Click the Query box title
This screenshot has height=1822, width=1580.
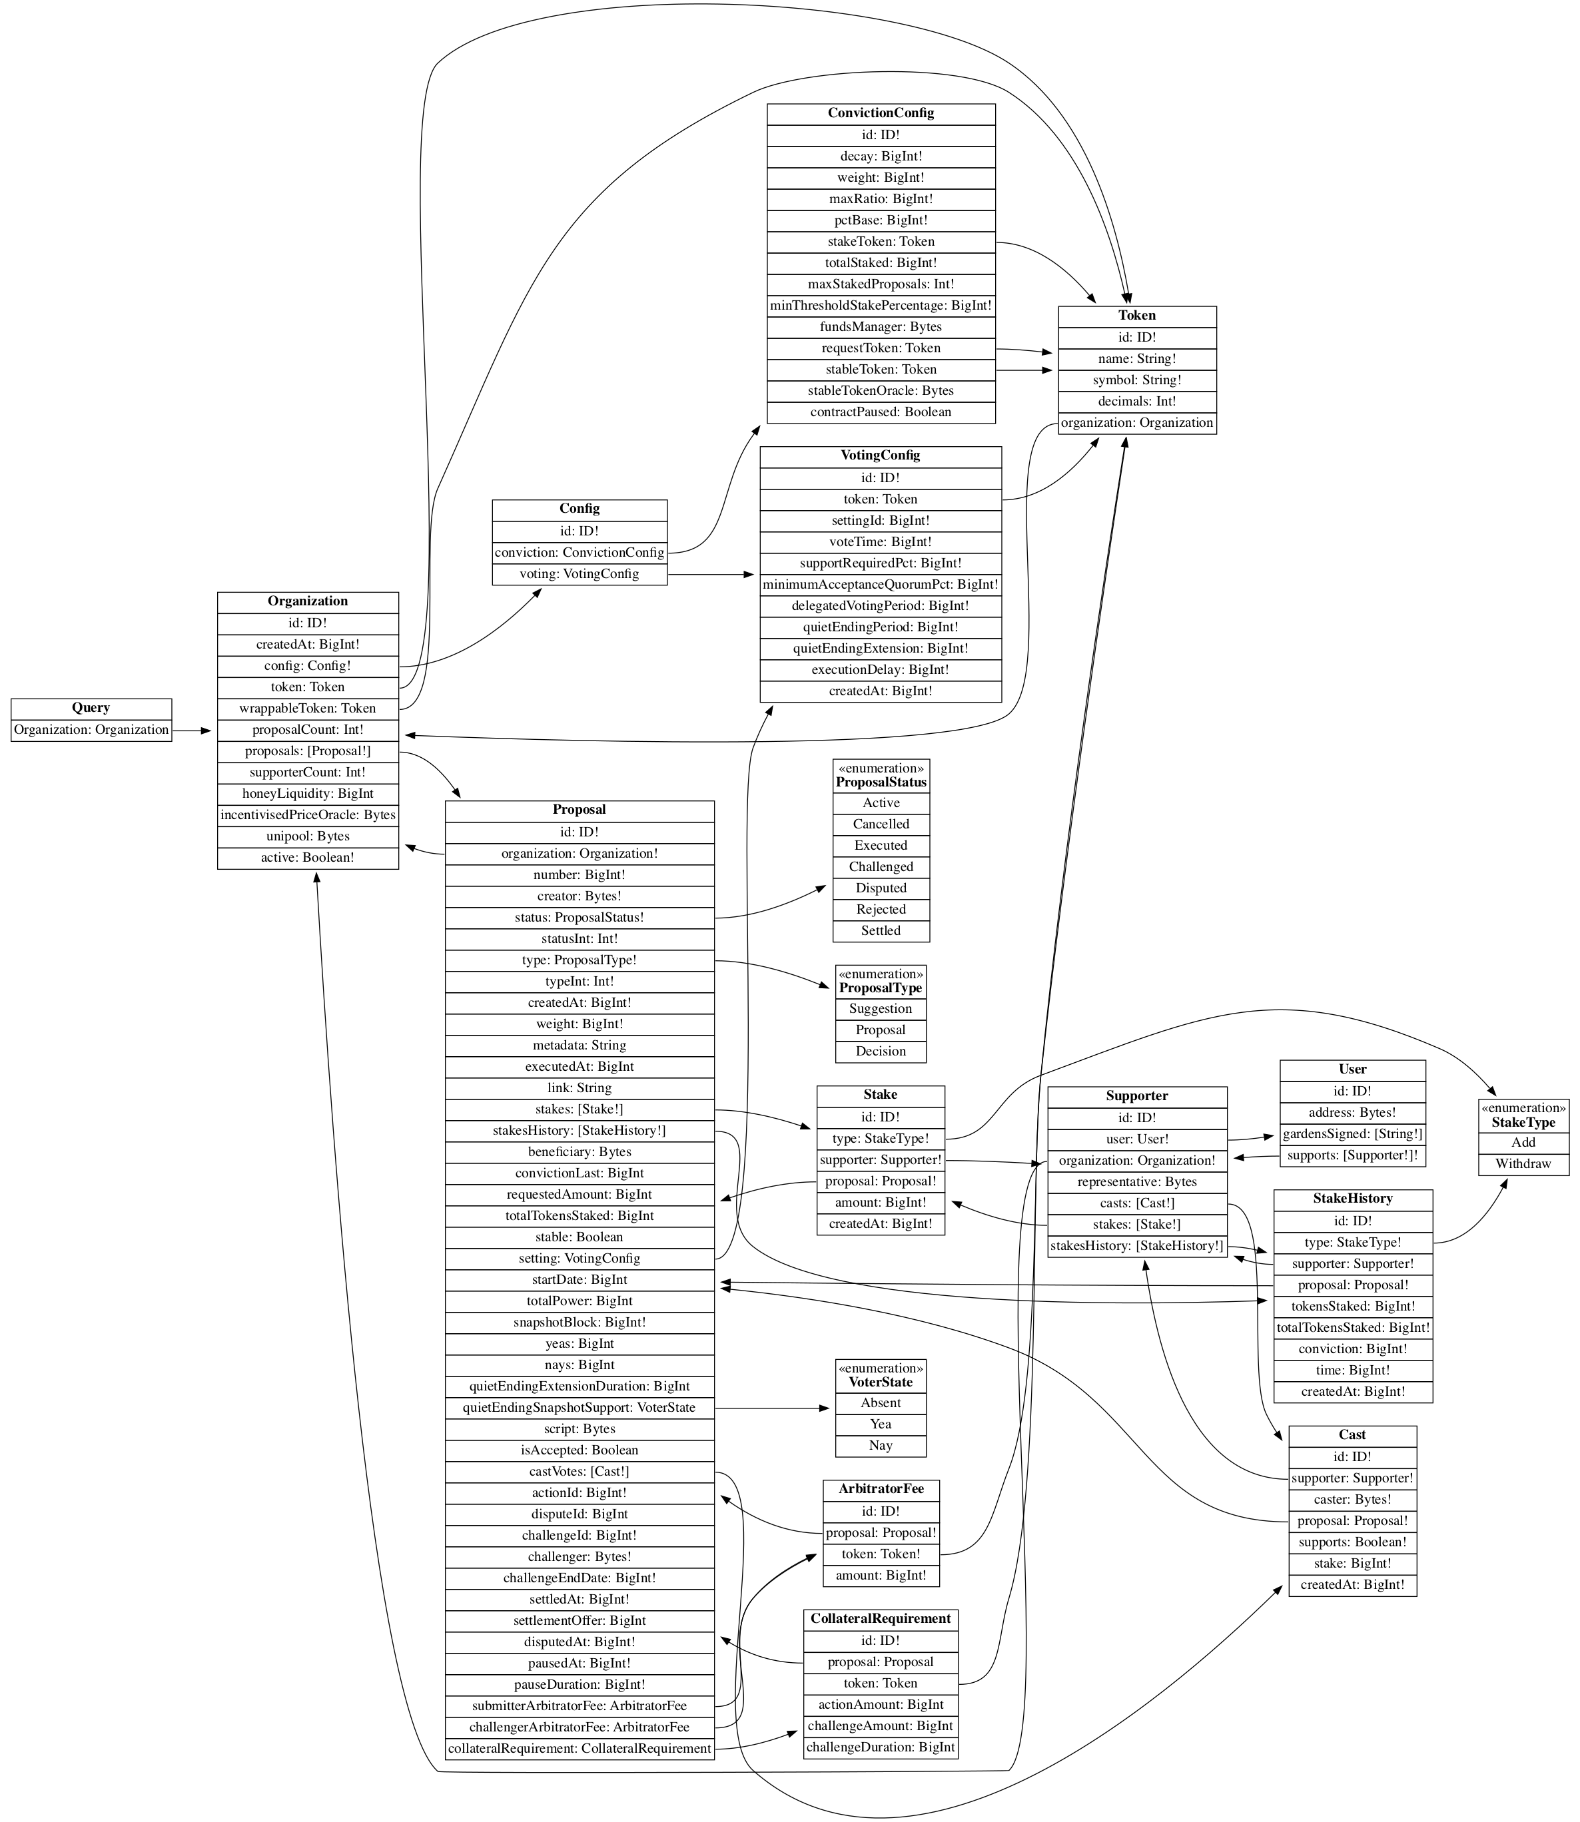[x=91, y=708]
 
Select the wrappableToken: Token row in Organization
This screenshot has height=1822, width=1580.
[x=308, y=709]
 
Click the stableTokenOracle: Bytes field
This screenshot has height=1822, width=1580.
[x=880, y=390]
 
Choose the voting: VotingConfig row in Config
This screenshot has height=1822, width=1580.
[x=580, y=574]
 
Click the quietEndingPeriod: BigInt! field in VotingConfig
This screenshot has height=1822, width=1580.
[x=880, y=627]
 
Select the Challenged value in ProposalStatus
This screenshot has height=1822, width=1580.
[x=881, y=866]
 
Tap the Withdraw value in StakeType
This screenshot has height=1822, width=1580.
[x=1523, y=1163]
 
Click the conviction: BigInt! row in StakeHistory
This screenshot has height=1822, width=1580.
[x=1352, y=1349]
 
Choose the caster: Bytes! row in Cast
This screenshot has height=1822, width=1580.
[x=1352, y=1500]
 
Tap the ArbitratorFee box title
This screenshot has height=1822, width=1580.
[x=881, y=1489]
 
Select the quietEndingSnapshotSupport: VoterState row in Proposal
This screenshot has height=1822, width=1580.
[x=580, y=1408]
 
